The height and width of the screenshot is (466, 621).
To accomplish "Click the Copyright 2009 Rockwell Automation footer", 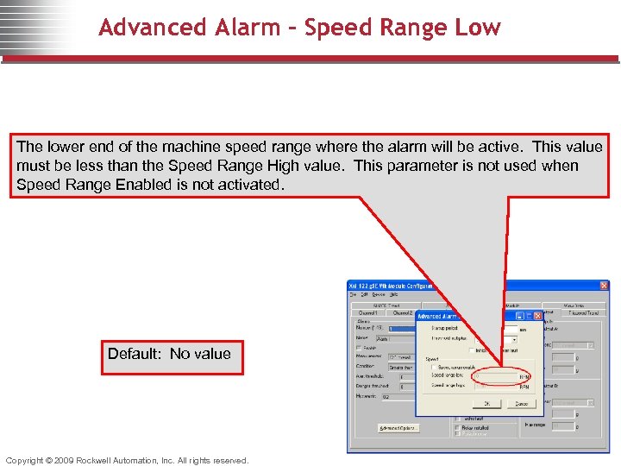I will coord(127,460).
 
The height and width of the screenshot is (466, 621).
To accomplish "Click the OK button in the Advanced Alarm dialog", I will coord(486,403).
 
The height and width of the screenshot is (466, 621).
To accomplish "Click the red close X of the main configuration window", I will coord(604,286).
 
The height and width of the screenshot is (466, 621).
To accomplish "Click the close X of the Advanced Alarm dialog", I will coord(536,316).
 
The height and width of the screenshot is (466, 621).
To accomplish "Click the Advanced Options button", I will coord(399,428).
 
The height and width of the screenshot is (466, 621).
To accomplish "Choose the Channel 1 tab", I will coord(368,313).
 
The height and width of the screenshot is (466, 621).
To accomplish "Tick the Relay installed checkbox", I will coord(457,427).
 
